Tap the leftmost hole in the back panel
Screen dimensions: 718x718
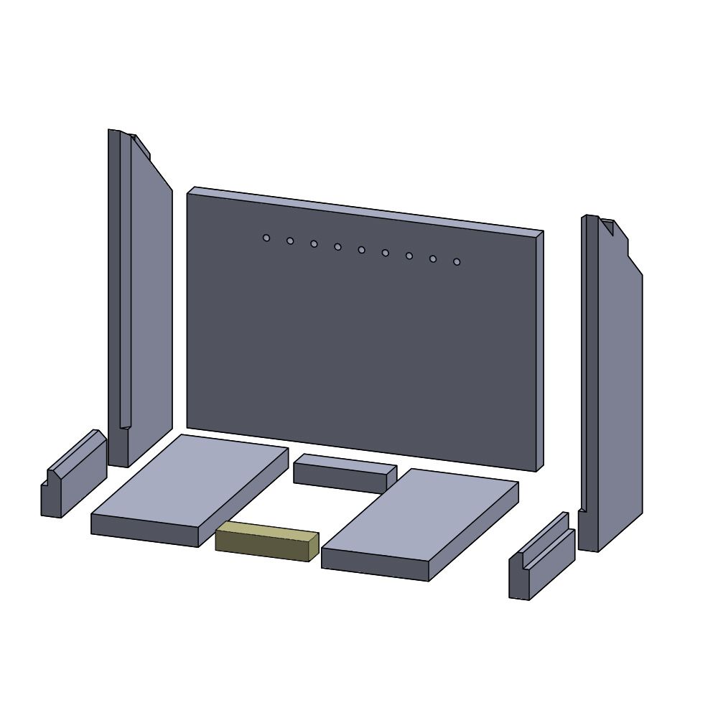(x=266, y=238)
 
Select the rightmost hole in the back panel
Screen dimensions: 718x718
(x=457, y=261)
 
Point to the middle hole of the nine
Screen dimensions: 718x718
(x=361, y=250)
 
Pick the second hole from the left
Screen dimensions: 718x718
(x=290, y=241)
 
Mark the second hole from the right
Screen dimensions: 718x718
(x=433, y=258)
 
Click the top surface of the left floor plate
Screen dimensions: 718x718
(x=190, y=481)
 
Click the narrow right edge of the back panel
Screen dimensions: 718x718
(x=539, y=352)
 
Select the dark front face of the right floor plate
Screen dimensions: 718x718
(x=374, y=564)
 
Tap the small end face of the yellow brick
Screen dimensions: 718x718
(x=314, y=547)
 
